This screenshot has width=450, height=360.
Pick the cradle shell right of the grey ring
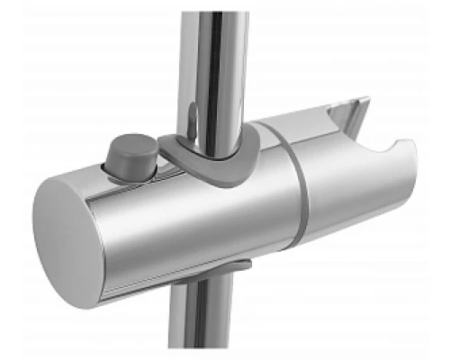click(x=342, y=189)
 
